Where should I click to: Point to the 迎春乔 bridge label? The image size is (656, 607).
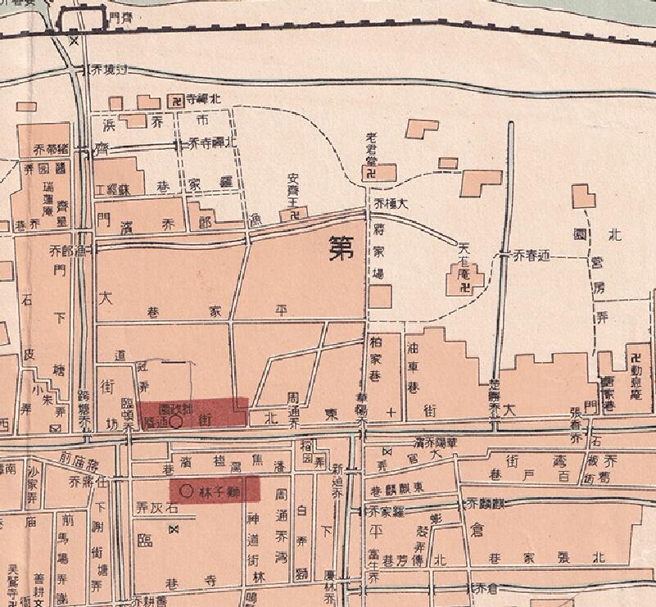tap(529, 256)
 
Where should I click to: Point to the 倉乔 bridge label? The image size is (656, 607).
tap(474, 587)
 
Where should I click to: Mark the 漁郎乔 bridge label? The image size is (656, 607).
tap(69, 251)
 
